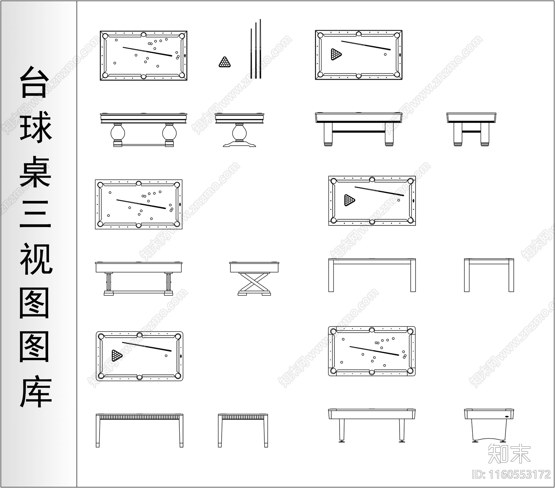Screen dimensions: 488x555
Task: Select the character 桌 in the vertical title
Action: coord(35,172)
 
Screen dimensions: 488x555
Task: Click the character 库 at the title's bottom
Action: coord(35,392)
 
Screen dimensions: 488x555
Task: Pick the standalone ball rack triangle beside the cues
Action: coord(225,62)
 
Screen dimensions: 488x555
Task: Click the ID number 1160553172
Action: coord(512,474)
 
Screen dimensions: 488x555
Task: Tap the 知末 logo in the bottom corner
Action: coord(509,453)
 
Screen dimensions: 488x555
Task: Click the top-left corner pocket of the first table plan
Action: coord(105,35)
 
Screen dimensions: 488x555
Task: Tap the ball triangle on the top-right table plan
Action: coord(336,54)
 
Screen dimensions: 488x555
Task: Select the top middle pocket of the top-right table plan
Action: coord(359,34)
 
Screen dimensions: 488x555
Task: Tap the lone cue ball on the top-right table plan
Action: coord(385,54)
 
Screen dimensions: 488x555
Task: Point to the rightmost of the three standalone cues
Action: coord(260,49)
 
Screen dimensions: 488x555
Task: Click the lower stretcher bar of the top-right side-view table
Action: coord(359,132)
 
